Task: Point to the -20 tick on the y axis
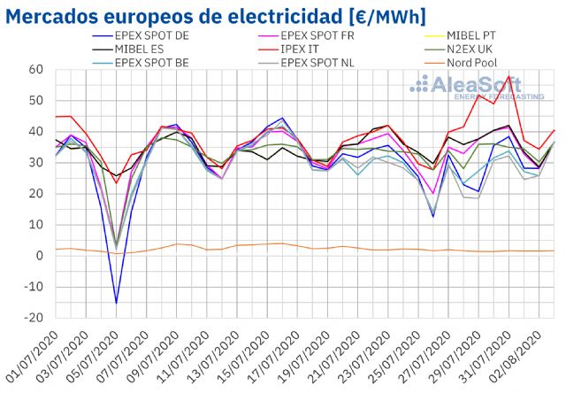(34, 318)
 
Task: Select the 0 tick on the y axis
(41, 256)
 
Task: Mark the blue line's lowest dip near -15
(116, 303)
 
